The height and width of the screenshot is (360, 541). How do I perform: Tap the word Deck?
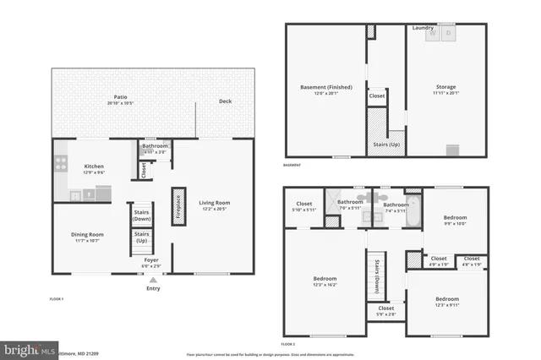tap(225, 101)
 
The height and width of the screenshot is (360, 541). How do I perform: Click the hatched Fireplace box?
tap(178, 205)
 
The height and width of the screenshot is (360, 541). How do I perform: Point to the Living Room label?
tap(214, 203)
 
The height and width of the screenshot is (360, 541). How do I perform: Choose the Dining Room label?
tap(86, 234)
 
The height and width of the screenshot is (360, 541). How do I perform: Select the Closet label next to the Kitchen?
tap(144, 170)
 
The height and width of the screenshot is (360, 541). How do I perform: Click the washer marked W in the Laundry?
tap(433, 35)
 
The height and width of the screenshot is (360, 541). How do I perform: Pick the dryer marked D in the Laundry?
tap(450, 35)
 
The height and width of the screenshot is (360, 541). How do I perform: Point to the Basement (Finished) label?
tap(326, 87)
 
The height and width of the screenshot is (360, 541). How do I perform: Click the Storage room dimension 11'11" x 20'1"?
tap(446, 92)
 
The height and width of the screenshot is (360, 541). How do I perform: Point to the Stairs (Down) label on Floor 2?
tap(376, 275)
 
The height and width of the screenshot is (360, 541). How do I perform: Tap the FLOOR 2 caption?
tap(287, 344)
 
